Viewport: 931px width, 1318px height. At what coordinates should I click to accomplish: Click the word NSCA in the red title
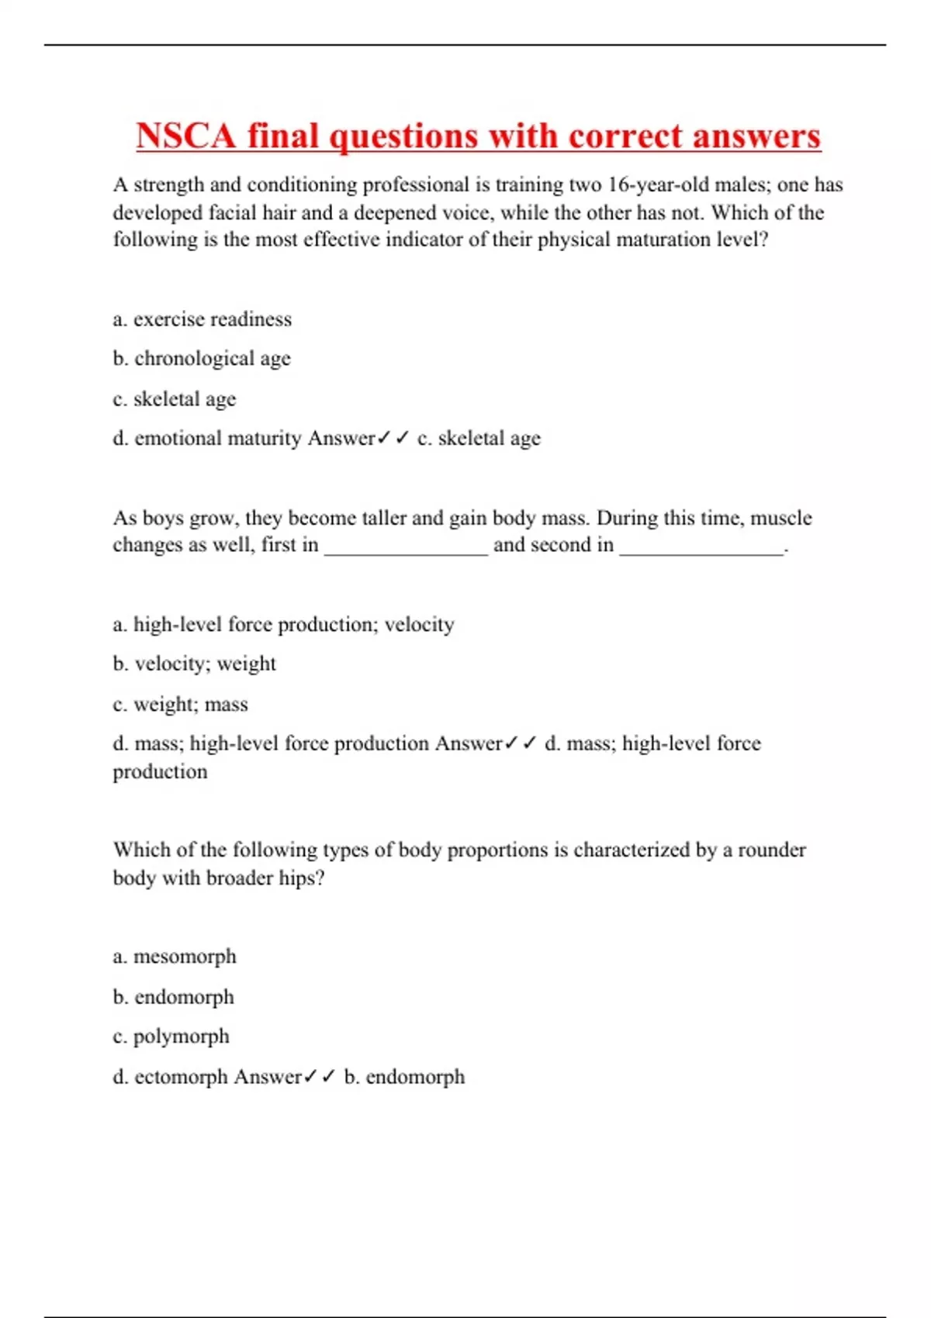(x=185, y=136)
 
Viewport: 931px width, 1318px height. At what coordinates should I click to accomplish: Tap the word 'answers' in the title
(x=756, y=136)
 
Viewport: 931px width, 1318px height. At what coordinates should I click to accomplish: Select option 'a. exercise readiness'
(x=202, y=319)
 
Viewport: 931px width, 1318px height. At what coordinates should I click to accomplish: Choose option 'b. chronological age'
(x=202, y=359)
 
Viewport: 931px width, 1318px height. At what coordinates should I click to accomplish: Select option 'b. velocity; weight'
(x=194, y=664)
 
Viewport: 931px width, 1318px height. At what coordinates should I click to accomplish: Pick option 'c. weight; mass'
(x=180, y=705)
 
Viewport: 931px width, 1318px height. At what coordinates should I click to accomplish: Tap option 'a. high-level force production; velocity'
(x=283, y=625)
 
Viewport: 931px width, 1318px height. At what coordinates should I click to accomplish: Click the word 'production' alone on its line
(x=161, y=772)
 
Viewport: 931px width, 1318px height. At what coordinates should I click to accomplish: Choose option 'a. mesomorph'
(x=175, y=957)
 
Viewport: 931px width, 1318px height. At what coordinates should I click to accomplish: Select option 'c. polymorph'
(x=171, y=1037)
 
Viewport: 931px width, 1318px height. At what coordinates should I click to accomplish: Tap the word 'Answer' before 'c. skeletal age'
(x=341, y=438)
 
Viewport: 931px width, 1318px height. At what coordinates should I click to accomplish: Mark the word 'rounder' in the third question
(x=771, y=850)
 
